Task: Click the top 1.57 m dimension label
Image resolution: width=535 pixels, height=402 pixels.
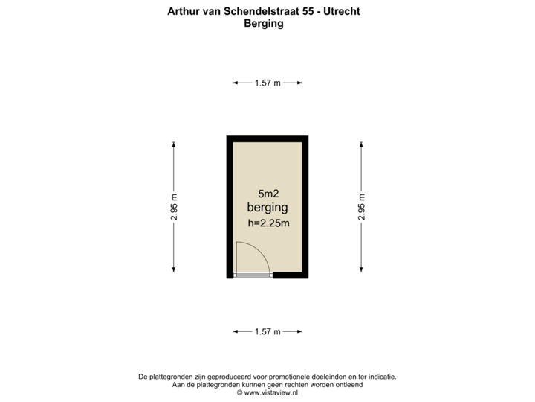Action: pyautogui.click(x=267, y=83)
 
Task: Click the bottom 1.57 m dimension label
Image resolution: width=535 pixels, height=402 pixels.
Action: pyautogui.click(x=267, y=331)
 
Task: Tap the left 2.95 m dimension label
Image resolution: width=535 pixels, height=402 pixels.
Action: pyautogui.click(x=174, y=208)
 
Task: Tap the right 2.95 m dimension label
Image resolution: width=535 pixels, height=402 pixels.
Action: pyautogui.click(x=361, y=208)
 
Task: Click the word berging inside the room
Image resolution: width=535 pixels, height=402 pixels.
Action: pyautogui.click(x=267, y=208)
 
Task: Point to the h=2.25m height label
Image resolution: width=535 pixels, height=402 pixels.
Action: pyautogui.click(x=267, y=223)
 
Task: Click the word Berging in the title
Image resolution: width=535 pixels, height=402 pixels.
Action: pyautogui.click(x=264, y=24)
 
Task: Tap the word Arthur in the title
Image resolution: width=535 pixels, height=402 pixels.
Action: pyautogui.click(x=184, y=12)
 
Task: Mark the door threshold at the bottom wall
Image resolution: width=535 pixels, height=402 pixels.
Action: pyautogui.click(x=253, y=276)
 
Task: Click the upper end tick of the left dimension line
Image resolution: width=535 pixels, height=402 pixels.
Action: pyautogui.click(x=174, y=143)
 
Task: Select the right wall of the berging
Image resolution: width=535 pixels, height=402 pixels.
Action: pyautogui.click(x=305, y=208)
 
